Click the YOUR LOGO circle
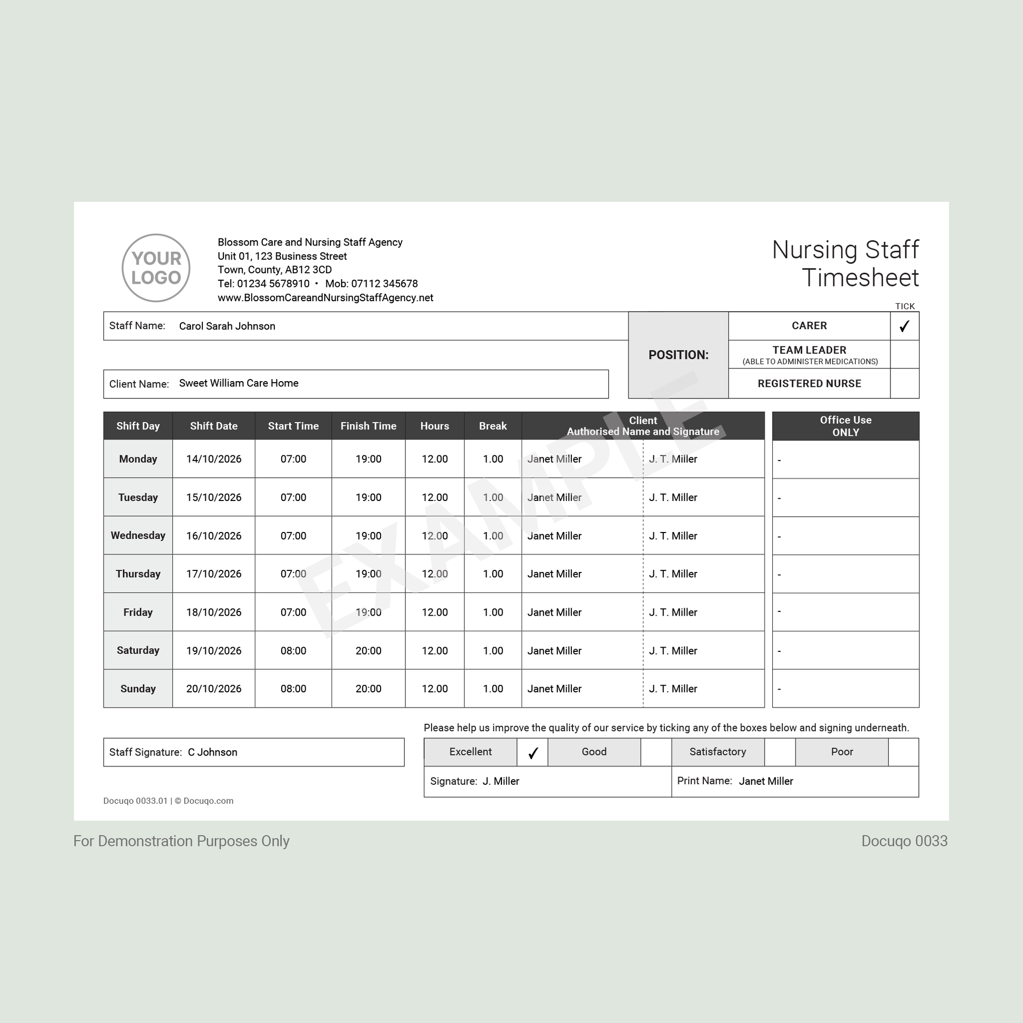click(x=156, y=268)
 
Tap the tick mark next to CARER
click(x=904, y=326)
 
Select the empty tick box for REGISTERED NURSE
click(x=904, y=383)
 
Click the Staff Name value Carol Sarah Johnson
click(x=227, y=326)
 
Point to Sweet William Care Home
click(x=238, y=383)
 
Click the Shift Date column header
click(x=213, y=426)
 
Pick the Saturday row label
click(x=138, y=650)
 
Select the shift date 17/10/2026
click(x=213, y=574)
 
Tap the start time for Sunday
click(x=293, y=689)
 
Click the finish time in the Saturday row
click(x=368, y=651)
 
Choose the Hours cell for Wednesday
click(x=434, y=536)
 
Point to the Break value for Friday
click(x=493, y=612)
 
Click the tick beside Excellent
click(x=533, y=752)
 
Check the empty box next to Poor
click(x=903, y=752)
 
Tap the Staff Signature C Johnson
click(x=212, y=752)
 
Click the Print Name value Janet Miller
click(x=765, y=781)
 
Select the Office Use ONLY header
click(x=845, y=426)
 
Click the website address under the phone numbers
click(x=325, y=298)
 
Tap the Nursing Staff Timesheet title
click(x=845, y=264)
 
